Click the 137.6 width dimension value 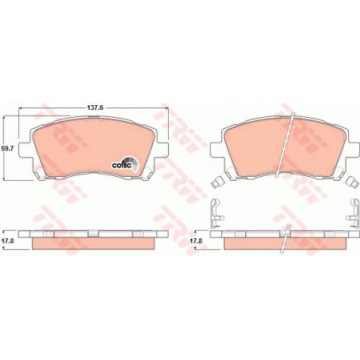(95, 108)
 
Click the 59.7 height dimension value (7, 149)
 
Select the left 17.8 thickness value (7, 241)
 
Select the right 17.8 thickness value (196, 241)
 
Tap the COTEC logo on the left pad (125, 164)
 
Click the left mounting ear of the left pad (25, 150)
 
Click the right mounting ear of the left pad (162, 150)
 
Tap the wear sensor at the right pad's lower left (218, 182)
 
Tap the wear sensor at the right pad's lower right (353, 182)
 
